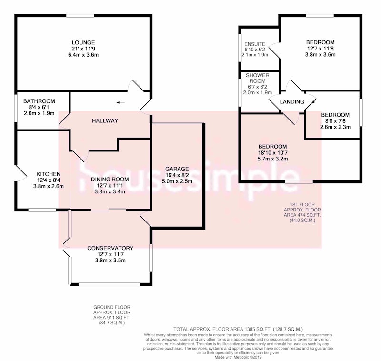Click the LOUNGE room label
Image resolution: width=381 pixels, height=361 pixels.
tap(83, 42)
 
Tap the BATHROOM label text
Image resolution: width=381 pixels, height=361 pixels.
tap(39, 101)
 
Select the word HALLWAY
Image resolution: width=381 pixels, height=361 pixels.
tap(105, 121)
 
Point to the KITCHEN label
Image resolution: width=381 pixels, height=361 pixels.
tap(49, 174)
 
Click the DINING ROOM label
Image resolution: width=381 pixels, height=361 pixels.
tap(110, 180)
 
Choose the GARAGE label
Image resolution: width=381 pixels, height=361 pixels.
tap(177, 169)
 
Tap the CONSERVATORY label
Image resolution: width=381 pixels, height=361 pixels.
tap(110, 248)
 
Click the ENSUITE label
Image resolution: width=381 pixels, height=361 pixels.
tap(255, 44)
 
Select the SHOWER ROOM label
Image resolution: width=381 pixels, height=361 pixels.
tap(258, 78)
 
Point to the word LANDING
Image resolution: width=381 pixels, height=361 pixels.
tap(292, 102)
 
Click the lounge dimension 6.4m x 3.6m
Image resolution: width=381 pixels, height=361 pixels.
tap(83, 55)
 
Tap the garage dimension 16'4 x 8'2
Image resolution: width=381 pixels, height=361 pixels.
tap(177, 175)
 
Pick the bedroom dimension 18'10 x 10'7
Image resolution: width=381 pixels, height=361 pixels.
tap(272, 153)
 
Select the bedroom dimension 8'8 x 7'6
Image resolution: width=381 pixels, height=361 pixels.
tap(335, 121)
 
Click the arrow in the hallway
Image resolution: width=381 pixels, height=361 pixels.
tap(121, 102)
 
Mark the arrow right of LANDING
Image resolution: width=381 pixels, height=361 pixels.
tap(311, 102)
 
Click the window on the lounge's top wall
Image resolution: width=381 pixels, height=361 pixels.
tap(80, 16)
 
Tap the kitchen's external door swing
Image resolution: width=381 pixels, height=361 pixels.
tap(21, 173)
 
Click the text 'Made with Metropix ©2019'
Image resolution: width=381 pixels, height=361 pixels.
tap(238, 357)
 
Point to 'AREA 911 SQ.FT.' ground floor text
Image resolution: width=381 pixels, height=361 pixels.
tap(112, 318)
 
